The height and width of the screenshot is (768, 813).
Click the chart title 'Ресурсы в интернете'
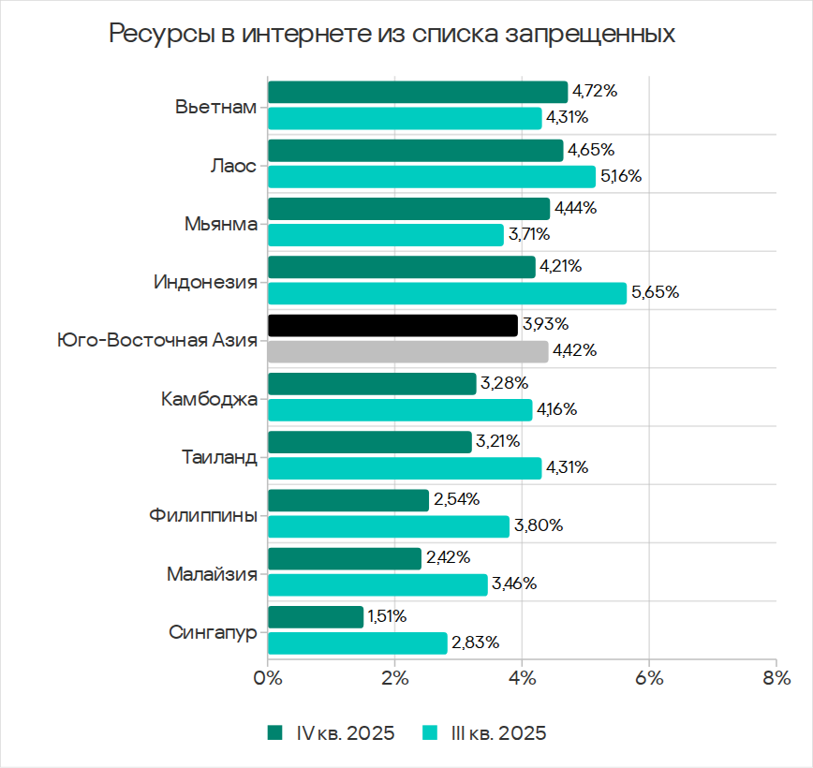(x=392, y=35)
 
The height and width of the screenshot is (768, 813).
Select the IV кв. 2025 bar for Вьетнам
(x=418, y=92)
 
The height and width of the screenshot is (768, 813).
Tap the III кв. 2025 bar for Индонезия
(x=447, y=293)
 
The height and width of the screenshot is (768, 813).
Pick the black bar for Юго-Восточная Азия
(x=392, y=325)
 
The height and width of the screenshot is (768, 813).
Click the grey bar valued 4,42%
(x=407, y=352)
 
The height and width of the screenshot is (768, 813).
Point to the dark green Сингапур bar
(x=316, y=617)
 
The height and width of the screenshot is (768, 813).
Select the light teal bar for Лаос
(x=431, y=176)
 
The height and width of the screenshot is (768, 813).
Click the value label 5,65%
(x=656, y=293)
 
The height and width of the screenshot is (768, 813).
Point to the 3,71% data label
(x=528, y=234)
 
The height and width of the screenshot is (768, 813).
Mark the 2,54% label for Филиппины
(x=456, y=500)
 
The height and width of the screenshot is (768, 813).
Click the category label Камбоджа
(x=209, y=398)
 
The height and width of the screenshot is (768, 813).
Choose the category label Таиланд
(x=218, y=457)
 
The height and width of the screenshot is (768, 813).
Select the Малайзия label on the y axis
(x=212, y=573)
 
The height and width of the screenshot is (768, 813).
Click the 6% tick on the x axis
(x=649, y=677)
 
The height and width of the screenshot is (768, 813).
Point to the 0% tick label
(x=268, y=677)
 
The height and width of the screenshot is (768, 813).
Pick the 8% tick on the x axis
(x=776, y=677)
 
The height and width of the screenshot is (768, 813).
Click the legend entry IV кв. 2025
(x=332, y=732)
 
